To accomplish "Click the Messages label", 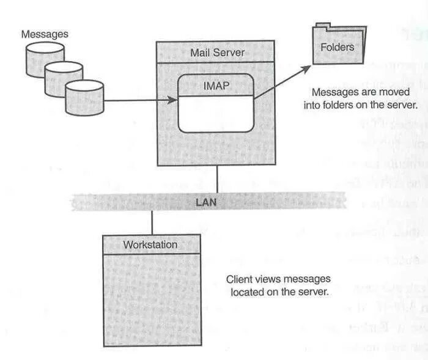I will click(x=45, y=34).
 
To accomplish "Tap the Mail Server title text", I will click(x=217, y=52).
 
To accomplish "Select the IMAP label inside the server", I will click(x=216, y=86).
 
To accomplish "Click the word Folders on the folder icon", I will click(x=338, y=46).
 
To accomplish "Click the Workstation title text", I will click(x=150, y=245).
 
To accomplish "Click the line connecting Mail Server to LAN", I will click(x=218, y=178).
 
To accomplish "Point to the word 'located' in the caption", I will click(x=248, y=291).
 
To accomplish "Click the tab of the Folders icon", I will click(x=323, y=28).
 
